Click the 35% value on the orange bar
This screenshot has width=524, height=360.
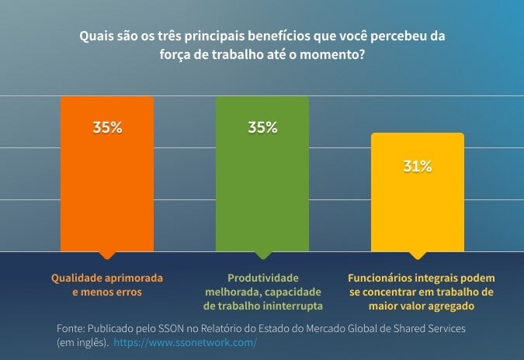[107, 128]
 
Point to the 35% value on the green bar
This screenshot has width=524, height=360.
[262, 128]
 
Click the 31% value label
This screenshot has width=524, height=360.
[418, 166]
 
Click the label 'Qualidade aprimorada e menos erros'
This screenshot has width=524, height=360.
[107, 284]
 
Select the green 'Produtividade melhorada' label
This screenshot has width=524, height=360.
[262, 291]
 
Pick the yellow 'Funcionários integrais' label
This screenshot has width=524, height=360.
[421, 291]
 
